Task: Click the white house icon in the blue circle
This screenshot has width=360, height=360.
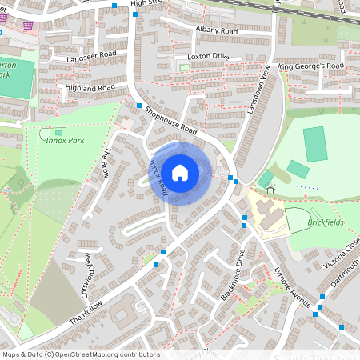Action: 180,171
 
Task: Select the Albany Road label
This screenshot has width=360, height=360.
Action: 216,30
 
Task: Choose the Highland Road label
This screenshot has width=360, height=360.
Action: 92,87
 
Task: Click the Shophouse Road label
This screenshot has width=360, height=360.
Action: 171,119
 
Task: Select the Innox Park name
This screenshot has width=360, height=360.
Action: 66,142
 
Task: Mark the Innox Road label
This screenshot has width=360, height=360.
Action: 158,178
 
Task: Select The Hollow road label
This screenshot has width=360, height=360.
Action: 87,309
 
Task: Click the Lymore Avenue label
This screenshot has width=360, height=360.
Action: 291,287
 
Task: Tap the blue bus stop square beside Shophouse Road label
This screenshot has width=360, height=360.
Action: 139,106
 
